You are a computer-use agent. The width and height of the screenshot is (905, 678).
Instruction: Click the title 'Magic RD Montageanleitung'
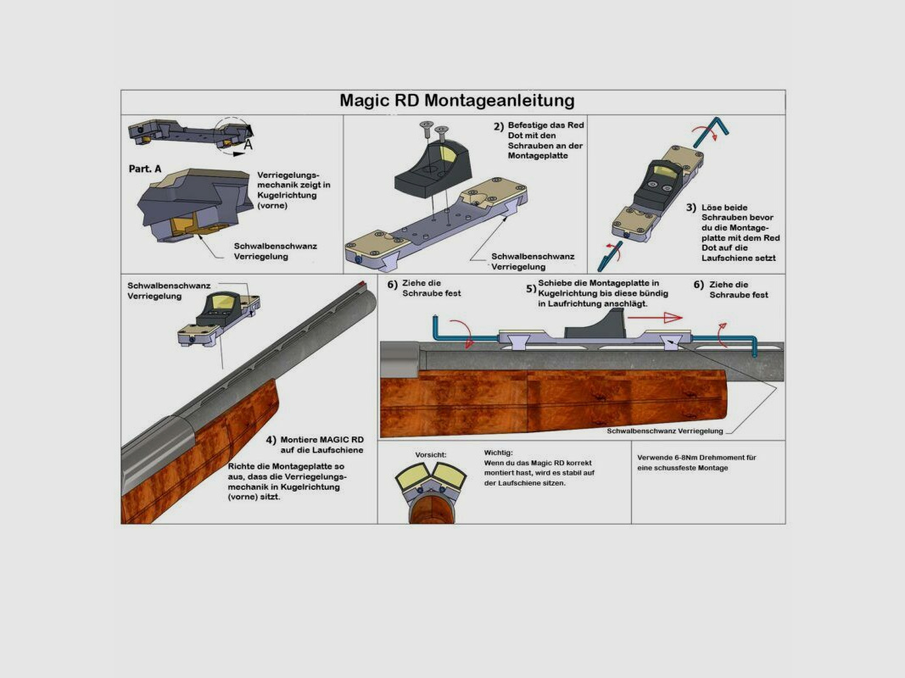456,101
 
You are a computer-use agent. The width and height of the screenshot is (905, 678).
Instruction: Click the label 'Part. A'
145,169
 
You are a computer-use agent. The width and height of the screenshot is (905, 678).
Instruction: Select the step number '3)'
691,207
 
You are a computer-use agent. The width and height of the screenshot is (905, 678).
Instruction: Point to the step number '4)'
271,440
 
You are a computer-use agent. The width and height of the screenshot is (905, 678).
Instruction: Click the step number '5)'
530,288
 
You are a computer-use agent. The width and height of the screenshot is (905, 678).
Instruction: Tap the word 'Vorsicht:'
431,455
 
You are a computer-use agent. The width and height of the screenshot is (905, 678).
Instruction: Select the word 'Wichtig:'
499,453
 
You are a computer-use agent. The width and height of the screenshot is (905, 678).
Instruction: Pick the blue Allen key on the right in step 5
729,339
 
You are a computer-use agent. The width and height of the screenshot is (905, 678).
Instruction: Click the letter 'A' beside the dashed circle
249,144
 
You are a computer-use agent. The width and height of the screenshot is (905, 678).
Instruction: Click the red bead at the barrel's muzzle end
362,283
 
